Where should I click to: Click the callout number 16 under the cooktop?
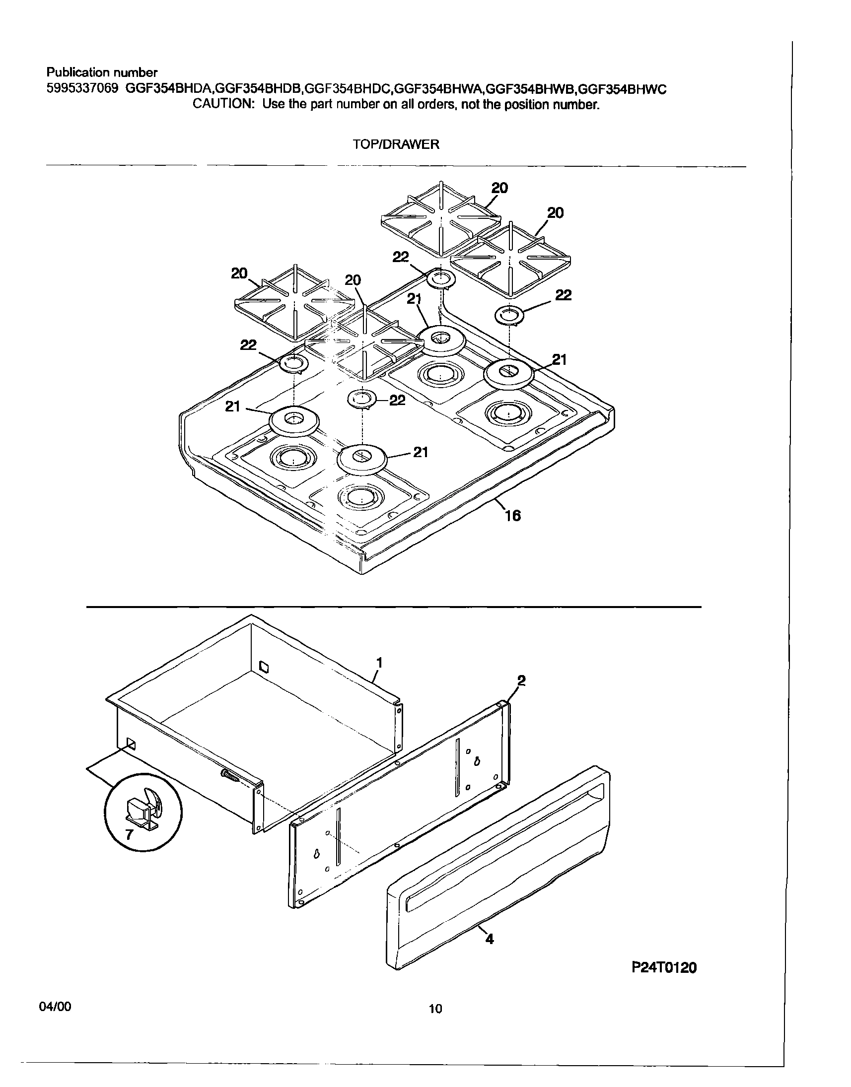tap(512, 516)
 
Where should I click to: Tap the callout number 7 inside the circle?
tap(129, 835)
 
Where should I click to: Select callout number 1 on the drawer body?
tap(379, 663)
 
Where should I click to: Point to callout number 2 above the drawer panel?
tap(521, 680)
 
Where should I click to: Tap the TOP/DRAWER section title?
tap(396, 144)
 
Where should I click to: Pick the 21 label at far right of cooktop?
tap(560, 360)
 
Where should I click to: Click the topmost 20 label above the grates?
tap(499, 188)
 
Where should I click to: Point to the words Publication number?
tap(102, 73)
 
